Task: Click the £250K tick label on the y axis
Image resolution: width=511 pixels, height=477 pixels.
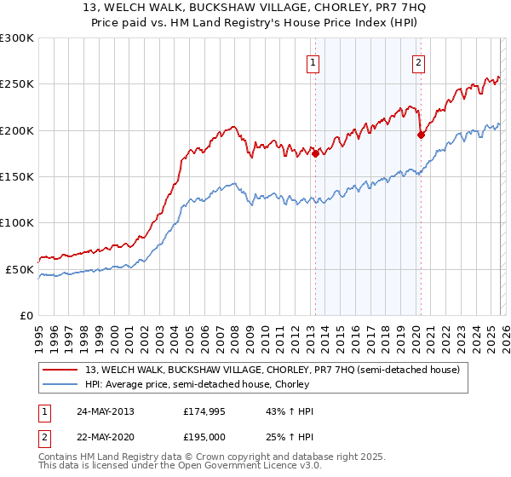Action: pos(17,84)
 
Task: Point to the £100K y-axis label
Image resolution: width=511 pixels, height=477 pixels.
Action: pos(17,222)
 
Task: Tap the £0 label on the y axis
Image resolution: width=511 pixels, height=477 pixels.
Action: pos(27,315)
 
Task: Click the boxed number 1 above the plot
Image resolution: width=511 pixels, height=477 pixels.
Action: pos(314,62)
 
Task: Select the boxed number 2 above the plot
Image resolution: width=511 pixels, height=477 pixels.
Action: pos(419,62)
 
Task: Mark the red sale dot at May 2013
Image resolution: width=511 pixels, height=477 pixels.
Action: pos(315,154)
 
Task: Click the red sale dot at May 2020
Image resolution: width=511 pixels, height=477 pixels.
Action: pos(421,135)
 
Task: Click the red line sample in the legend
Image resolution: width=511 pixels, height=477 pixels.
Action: pos(61,370)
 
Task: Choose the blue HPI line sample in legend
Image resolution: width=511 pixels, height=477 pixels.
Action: pos(61,385)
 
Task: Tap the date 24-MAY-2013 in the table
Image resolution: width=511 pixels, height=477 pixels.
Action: pos(105,411)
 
